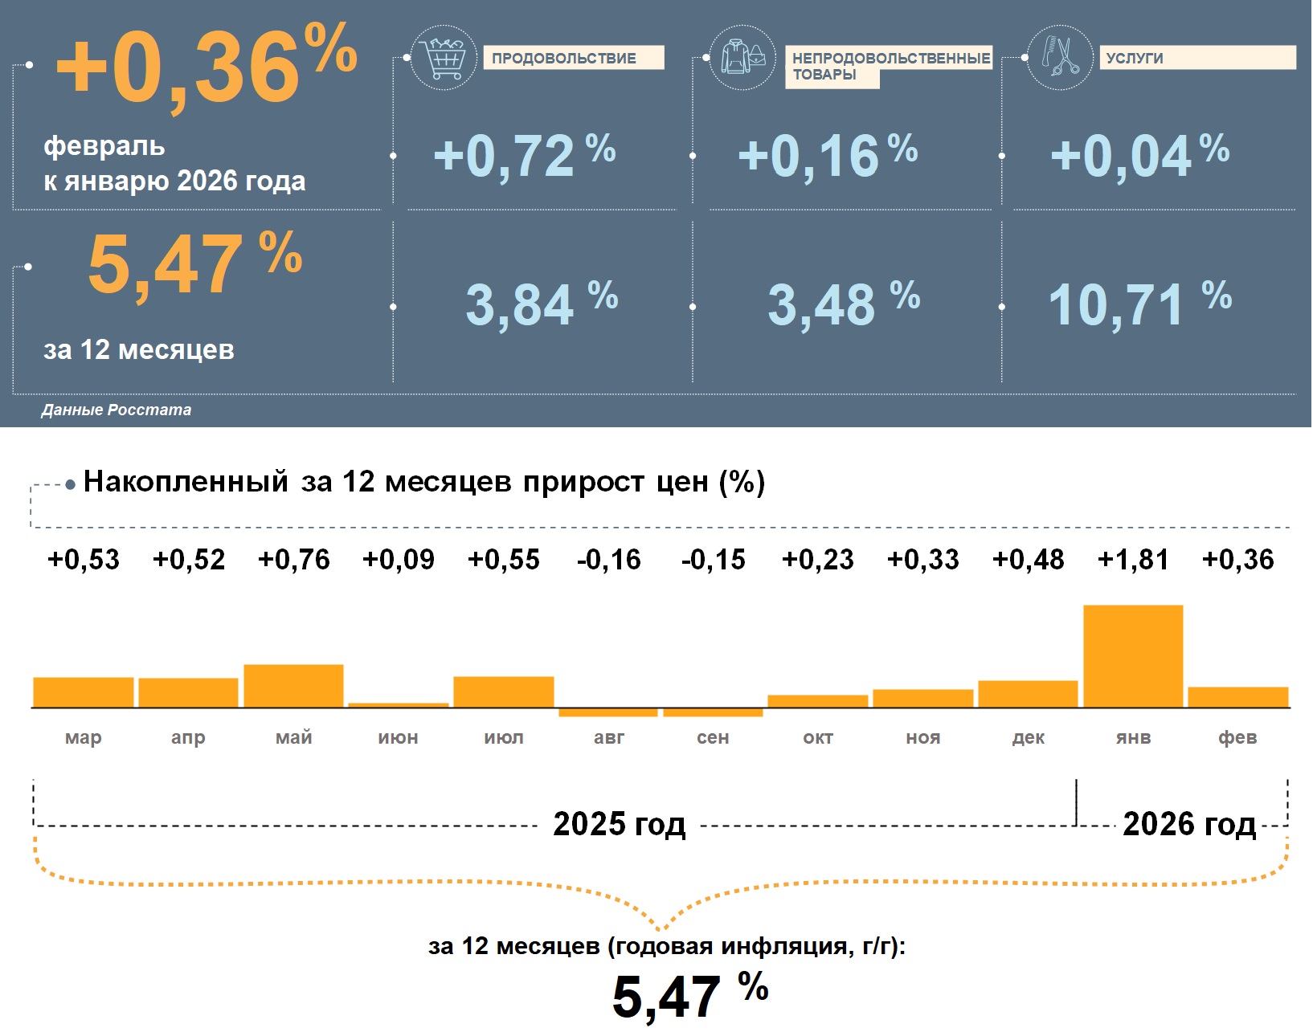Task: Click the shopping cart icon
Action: [443, 58]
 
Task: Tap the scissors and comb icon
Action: [1060, 58]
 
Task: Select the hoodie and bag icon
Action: [742, 58]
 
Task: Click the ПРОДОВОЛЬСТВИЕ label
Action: [573, 58]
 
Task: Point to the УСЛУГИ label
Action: [1196, 58]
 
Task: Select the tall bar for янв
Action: [1133, 656]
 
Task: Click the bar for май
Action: [293, 686]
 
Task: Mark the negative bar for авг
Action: [608, 712]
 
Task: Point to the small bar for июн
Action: [399, 705]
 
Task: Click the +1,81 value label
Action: [1133, 560]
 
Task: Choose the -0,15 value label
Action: [713, 560]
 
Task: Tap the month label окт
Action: [818, 737]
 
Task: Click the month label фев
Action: [1237, 737]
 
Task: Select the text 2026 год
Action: [1188, 824]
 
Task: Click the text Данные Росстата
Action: [117, 410]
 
